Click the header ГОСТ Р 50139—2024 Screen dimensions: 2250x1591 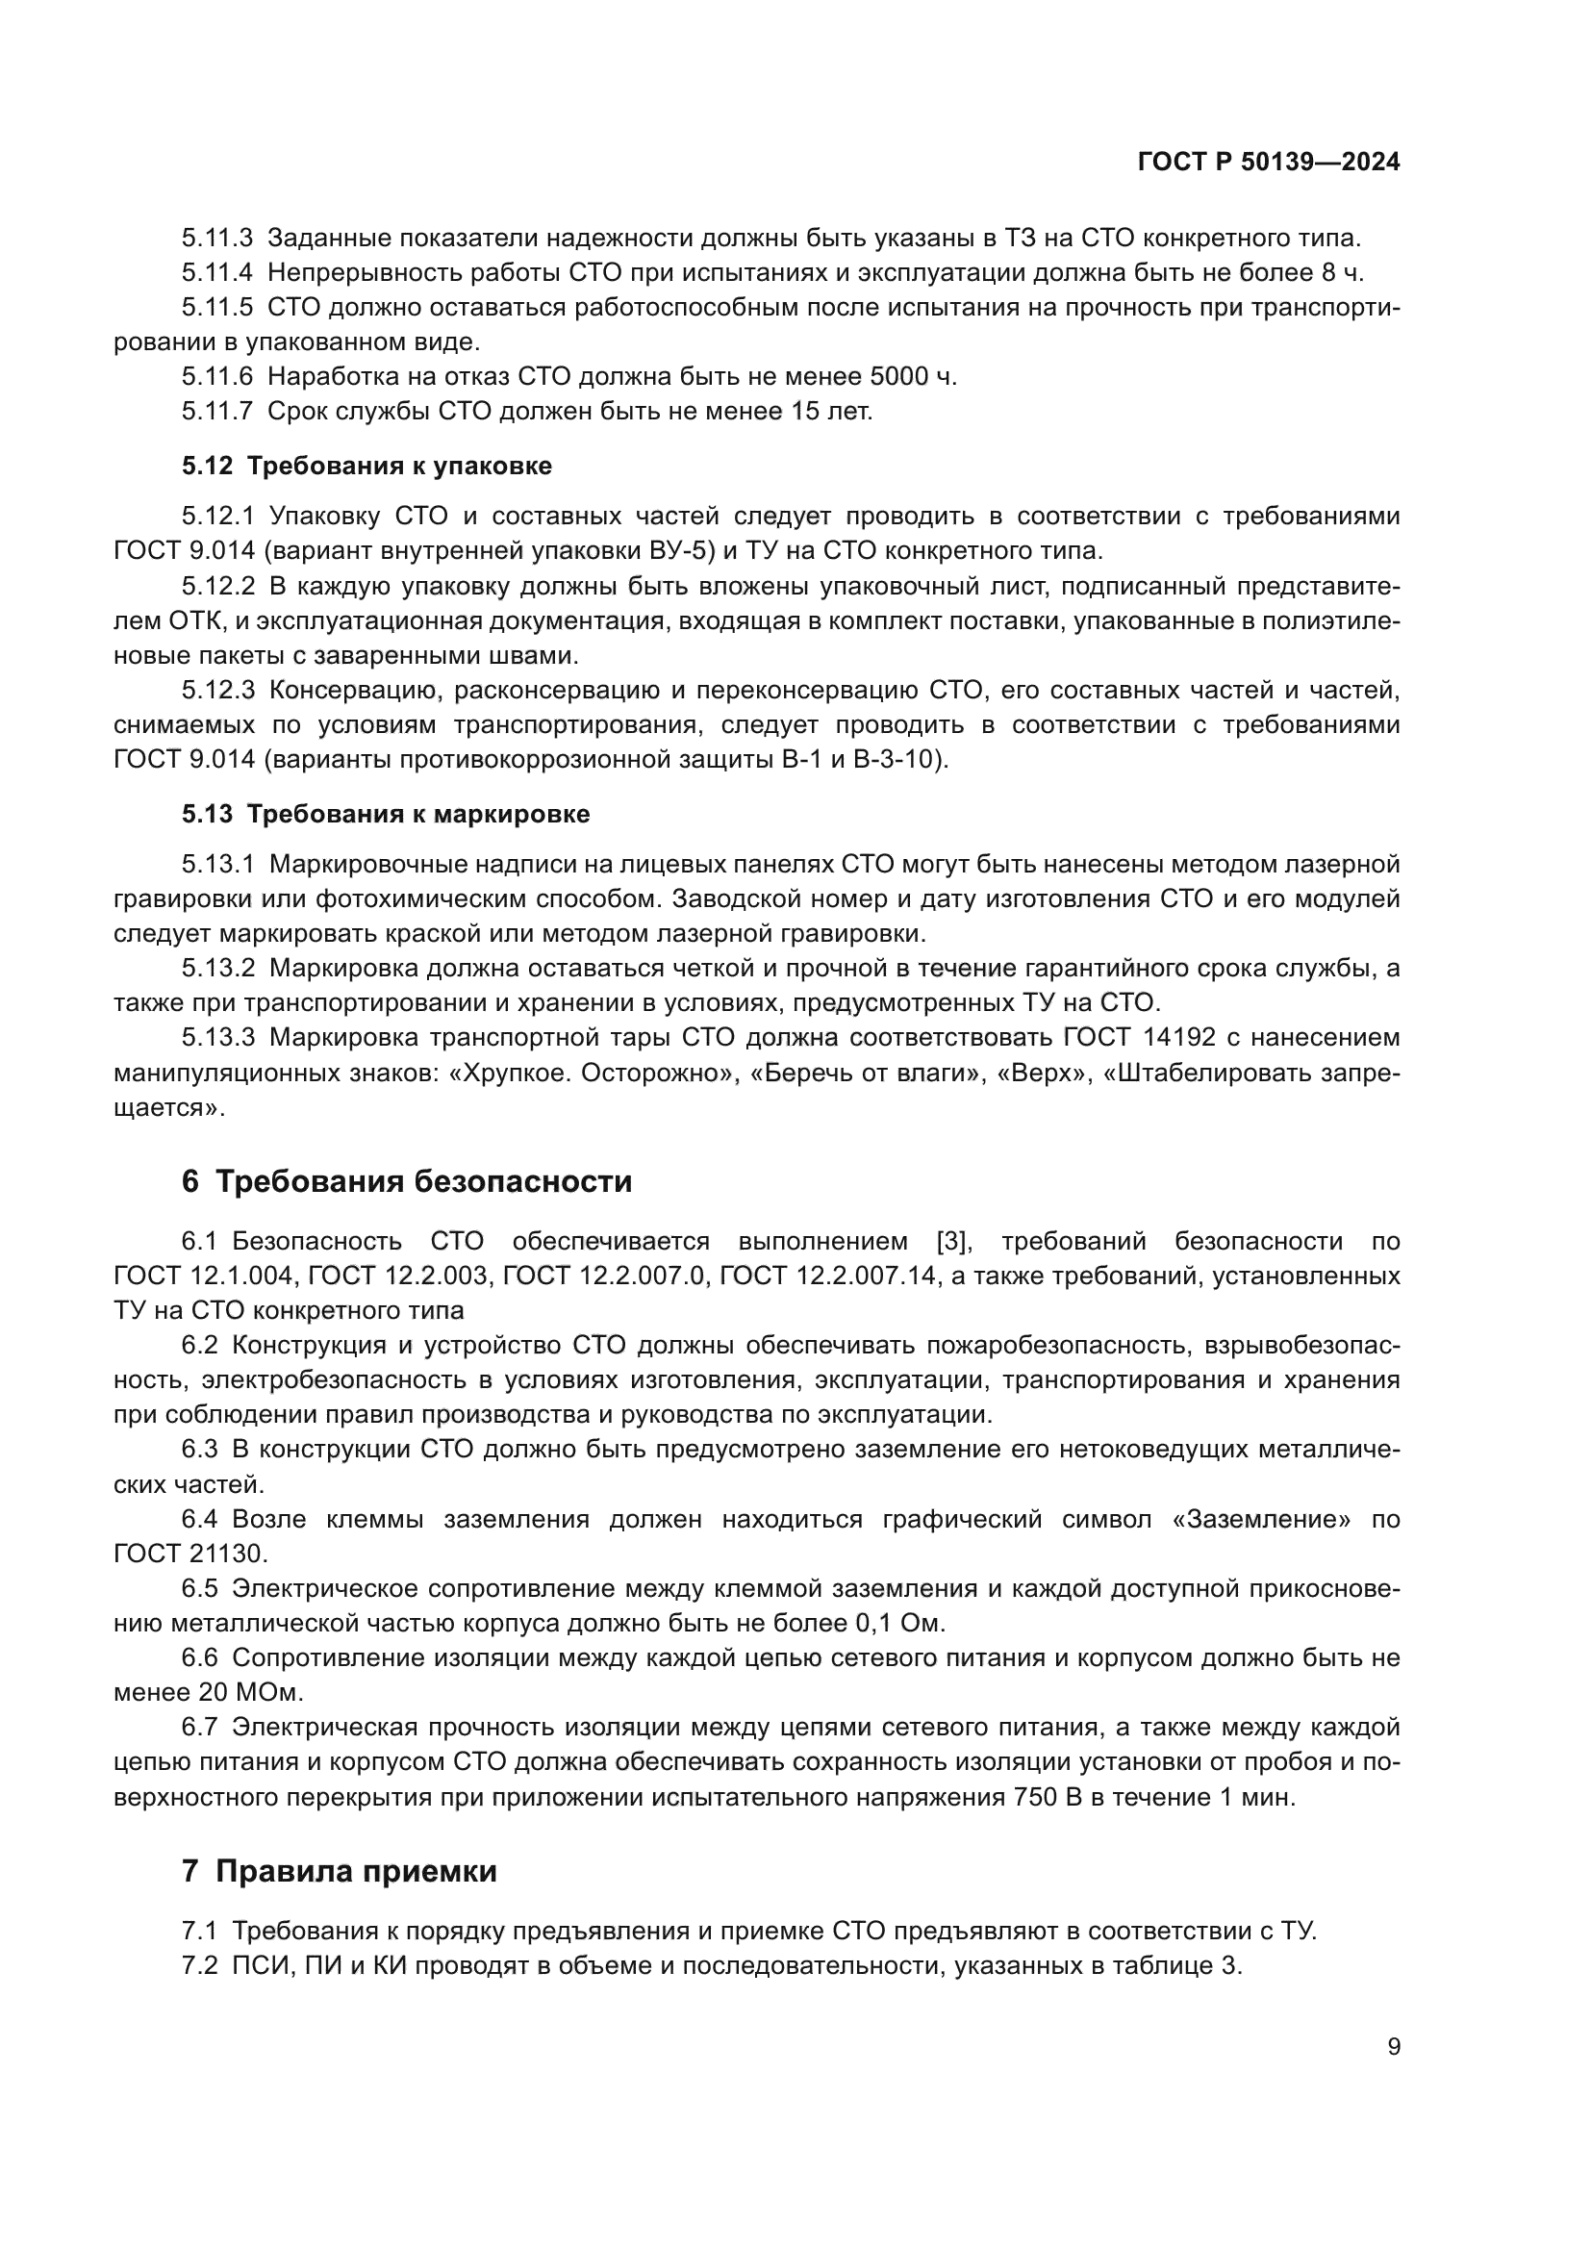click(x=1268, y=163)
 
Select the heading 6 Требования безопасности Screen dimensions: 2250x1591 click(x=407, y=1182)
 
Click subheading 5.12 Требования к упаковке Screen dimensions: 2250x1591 click(x=366, y=467)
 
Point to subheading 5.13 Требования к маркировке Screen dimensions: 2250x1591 click(x=385, y=815)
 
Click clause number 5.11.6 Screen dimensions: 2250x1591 click(x=216, y=377)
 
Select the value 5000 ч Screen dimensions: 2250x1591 click(x=912, y=377)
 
